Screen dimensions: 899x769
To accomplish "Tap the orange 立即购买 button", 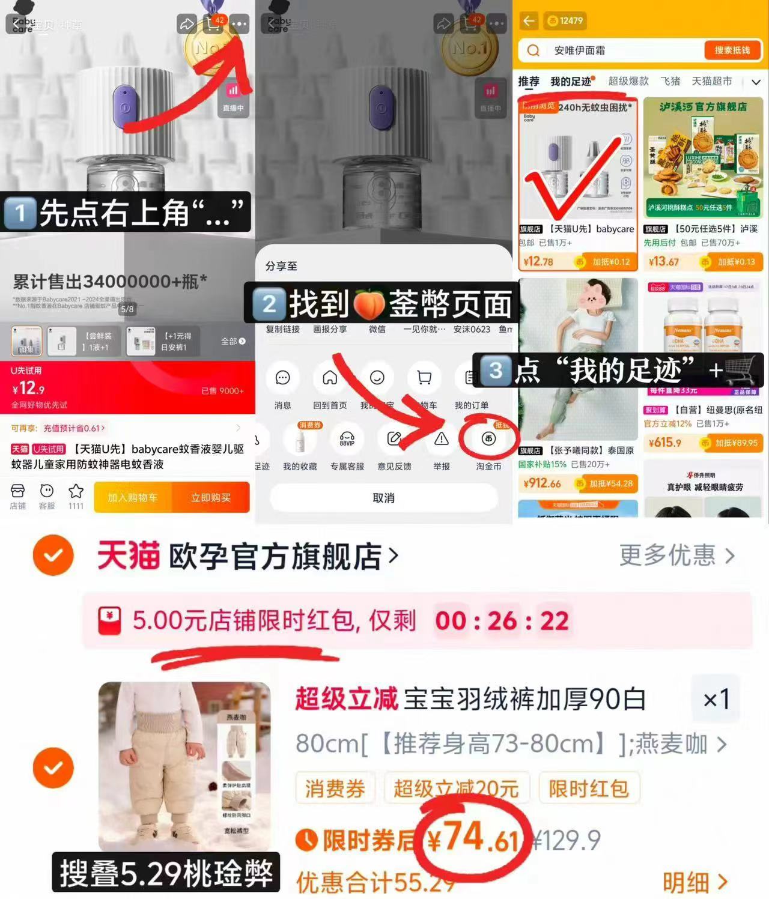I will [x=210, y=497].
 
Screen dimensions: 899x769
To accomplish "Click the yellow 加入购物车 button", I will [x=133, y=497].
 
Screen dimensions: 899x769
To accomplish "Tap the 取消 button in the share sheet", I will [x=383, y=498].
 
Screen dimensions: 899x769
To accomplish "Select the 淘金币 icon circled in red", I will [x=488, y=440].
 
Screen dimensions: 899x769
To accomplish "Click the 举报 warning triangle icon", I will [x=442, y=440].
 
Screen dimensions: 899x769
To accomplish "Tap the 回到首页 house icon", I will [x=330, y=378].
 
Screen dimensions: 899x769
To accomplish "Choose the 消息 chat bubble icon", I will [x=282, y=378].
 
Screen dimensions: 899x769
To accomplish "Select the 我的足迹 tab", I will [x=571, y=81].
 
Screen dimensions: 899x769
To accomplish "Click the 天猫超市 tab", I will [x=711, y=81].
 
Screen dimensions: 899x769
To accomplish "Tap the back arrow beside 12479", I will [x=529, y=21].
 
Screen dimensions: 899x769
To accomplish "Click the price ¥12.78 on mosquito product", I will [x=538, y=261].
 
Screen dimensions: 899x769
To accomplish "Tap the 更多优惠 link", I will [x=676, y=555].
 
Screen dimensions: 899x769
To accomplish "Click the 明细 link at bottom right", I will [x=695, y=882].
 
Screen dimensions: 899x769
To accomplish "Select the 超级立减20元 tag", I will [x=456, y=789].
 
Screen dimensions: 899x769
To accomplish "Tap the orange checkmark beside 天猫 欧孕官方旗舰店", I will [x=53, y=555].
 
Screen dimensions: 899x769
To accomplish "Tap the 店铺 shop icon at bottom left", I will [x=18, y=497].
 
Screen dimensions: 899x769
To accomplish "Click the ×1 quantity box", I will [x=716, y=699].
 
